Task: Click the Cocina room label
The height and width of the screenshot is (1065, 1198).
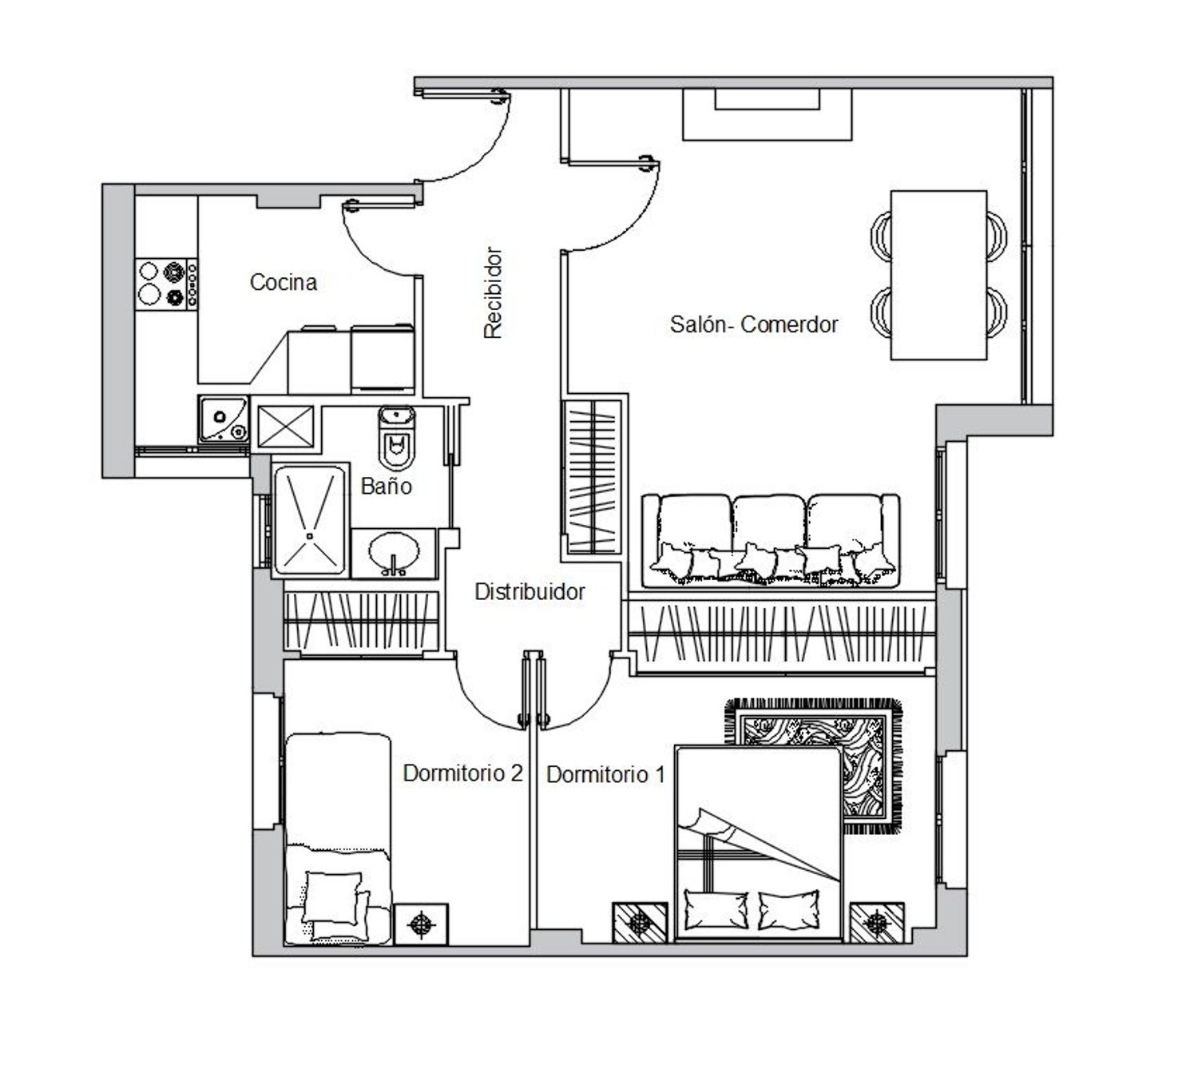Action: [x=284, y=282]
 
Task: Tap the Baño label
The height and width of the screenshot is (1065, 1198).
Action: [x=386, y=487]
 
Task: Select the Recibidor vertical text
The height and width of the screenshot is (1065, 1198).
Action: [x=493, y=293]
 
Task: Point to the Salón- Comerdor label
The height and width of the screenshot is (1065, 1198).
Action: [x=754, y=324]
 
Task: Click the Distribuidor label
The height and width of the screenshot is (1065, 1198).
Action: [x=530, y=592]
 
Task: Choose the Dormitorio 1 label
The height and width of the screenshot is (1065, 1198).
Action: [x=605, y=774]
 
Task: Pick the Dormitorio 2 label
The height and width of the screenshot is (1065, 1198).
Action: [x=463, y=773]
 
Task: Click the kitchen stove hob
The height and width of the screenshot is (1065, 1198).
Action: [x=167, y=284]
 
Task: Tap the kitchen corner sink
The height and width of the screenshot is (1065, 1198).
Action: [x=224, y=419]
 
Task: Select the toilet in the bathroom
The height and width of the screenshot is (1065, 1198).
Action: [x=397, y=436]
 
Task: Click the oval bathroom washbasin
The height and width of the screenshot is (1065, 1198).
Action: [x=394, y=552]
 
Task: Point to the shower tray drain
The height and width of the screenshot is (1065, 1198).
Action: [x=309, y=536]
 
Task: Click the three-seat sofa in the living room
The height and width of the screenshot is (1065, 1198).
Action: [x=771, y=541]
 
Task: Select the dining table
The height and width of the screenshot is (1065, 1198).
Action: [x=938, y=275]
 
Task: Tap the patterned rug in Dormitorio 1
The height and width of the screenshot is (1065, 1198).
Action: [x=814, y=766]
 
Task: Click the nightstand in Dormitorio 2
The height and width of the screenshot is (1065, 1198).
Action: [x=421, y=924]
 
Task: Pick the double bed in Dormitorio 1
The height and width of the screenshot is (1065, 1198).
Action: [x=758, y=843]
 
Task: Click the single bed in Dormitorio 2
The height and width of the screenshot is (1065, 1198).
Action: [x=338, y=839]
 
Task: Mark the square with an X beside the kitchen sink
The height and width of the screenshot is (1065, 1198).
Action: [x=286, y=426]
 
